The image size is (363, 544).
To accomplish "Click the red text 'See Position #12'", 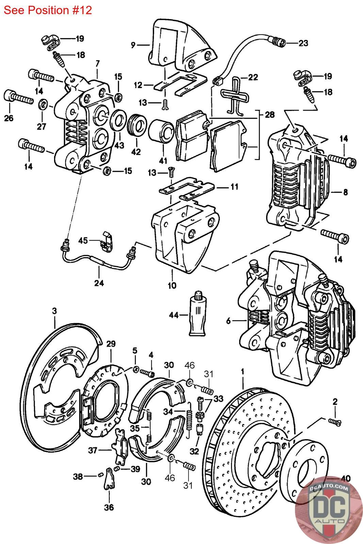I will (x=48, y=10).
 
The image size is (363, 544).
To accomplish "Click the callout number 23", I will (x=303, y=43).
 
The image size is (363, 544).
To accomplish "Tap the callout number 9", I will (x=133, y=44).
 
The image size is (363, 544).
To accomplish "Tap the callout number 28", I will (x=269, y=115).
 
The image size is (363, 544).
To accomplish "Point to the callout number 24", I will (x=99, y=283).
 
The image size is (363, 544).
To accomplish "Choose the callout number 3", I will (x=54, y=311).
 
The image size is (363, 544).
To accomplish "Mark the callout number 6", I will (x=228, y=321).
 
